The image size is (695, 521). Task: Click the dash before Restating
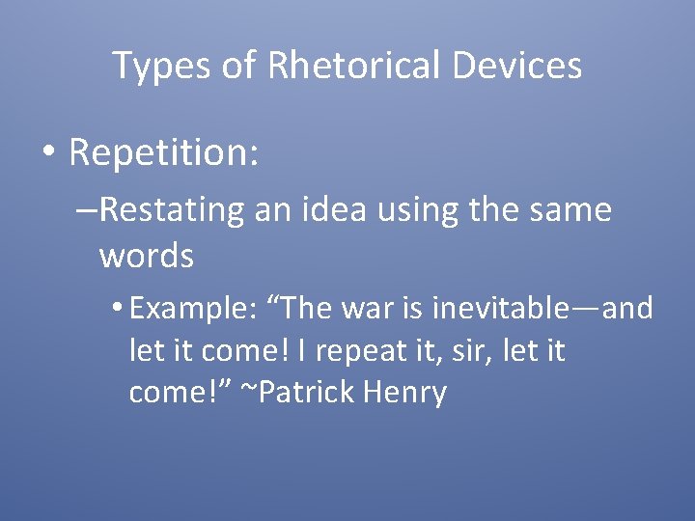(x=85, y=209)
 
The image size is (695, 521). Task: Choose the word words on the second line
(x=146, y=256)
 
